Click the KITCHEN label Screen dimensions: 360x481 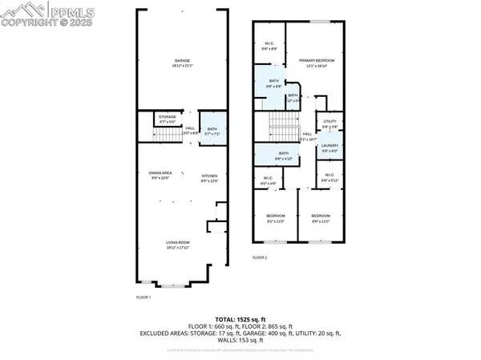pyautogui.click(x=209, y=175)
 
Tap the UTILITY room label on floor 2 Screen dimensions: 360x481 pyautogui.click(x=329, y=123)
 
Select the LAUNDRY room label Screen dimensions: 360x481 pyautogui.click(x=329, y=148)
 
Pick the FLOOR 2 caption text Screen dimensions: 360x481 pyautogui.click(x=260, y=258)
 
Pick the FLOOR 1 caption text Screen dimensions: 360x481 pyautogui.click(x=143, y=297)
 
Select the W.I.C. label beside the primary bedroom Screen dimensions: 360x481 pyautogui.click(x=270, y=46)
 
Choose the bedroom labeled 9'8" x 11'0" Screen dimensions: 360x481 pyautogui.click(x=320, y=218)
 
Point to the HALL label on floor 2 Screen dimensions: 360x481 pyautogui.click(x=306, y=136)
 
